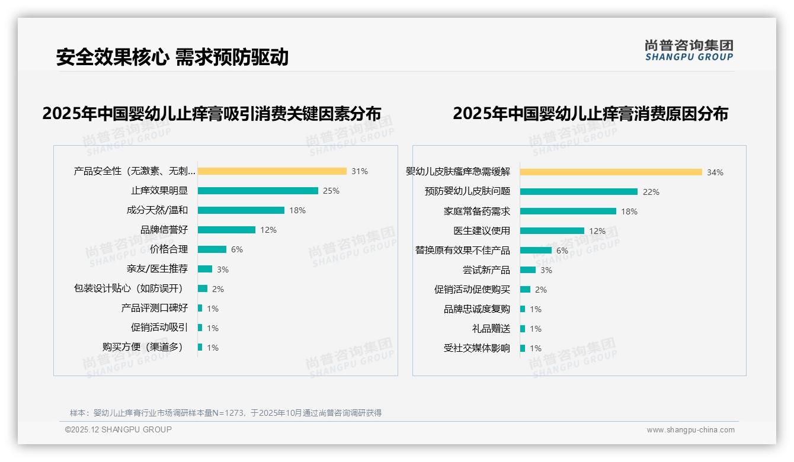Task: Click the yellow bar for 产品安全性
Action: pyautogui.click(x=272, y=171)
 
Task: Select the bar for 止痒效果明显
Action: pyautogui.click(x=258, y=191)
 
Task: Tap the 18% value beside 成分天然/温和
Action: pyautogui.click(x=297, y=210)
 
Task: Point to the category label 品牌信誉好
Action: pyautogui.click(x=164, y=230)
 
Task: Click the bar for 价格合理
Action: pyautogui.click(x=212, y=249)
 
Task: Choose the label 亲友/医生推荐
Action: pyautogui.click(x=157, y=269)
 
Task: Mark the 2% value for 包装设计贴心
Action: pyautogui.click(x=218, y=289)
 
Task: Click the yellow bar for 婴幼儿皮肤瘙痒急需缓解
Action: pyautogui.click(x=611, y=172)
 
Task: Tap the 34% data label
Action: pyautogui.click(x=715, y=173)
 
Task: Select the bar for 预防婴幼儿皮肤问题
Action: pyautogui.click(x=579, y=192)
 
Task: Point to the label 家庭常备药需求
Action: pyautogui.click(x=477, y=211)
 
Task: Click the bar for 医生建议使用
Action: pyautogui.click(x=552, y=231)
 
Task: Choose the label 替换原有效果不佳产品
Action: pyautogui.click(x=463, y=251)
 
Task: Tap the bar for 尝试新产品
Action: pyautogui.click(x=528, y=270)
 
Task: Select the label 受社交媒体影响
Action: pyautogui.click(x=477, y=348)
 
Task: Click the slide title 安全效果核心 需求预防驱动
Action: pyautogui.click(x=172, y=57)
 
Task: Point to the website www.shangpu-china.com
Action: pyautogui.click(x=690, y=430)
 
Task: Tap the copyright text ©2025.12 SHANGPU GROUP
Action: pyautogui.click(x=119, y=429)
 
